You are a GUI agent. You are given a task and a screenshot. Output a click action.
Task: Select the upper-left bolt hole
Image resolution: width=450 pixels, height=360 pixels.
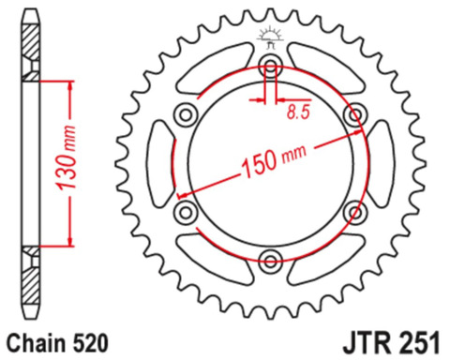pos(186,114)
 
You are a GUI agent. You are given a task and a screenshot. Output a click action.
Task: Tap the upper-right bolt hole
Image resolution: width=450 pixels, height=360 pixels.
pos(355,114)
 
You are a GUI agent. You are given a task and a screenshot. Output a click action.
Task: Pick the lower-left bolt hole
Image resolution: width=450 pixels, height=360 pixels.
pos(186,213)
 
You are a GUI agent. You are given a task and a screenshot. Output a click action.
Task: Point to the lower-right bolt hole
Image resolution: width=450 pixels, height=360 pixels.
pos(355,213)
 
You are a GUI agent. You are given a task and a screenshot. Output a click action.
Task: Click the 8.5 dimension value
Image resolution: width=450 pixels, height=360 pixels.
pos(299,112)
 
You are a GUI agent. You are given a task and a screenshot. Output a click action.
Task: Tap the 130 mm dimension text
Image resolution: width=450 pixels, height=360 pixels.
pos(66,158)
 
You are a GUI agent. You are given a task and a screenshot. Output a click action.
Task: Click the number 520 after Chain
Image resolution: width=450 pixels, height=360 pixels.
pos(90,343)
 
